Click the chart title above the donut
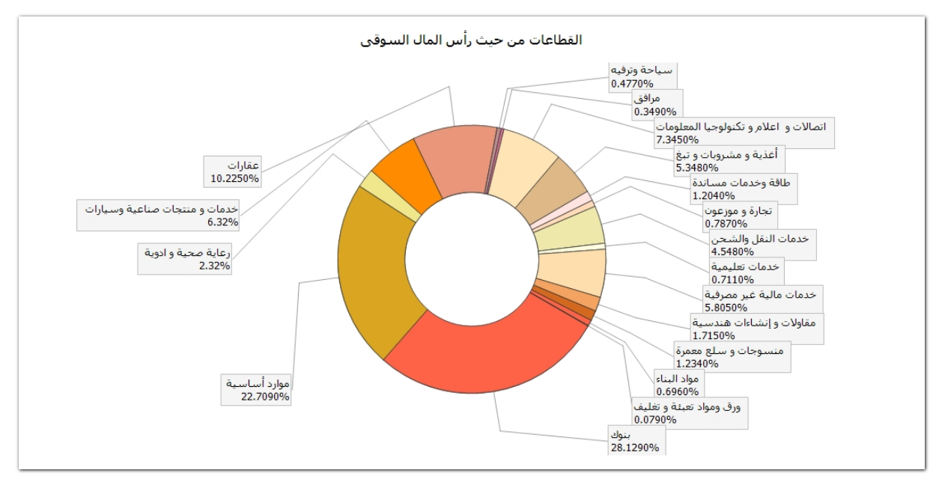(472, 40)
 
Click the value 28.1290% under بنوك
(635, 448)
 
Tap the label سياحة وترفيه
(642, 70)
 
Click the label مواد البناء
(677, 378)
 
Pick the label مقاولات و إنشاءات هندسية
(757, 323)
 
